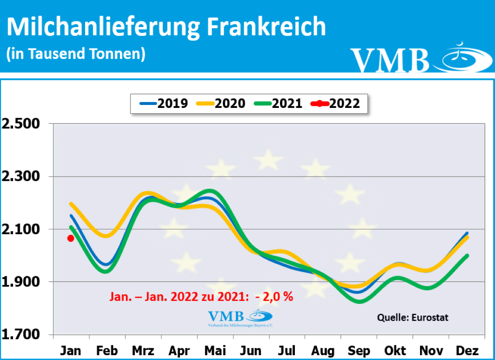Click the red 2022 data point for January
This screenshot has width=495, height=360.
tap(71, 238)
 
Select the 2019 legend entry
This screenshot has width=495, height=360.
tap(164, 103)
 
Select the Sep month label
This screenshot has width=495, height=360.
tap(359, 350)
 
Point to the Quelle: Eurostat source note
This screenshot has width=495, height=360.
tap(413, 318)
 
